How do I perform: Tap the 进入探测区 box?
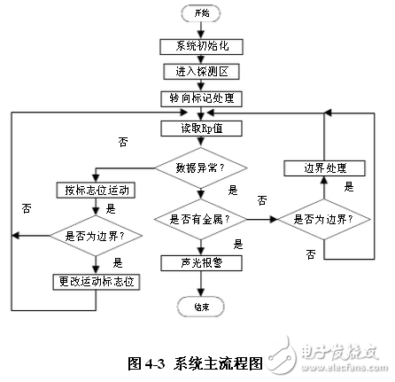(x=201, y=71)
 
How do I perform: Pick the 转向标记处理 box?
(x=201, y=97)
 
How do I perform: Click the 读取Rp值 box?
(x=201, y=129)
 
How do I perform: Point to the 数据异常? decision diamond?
(x=201, y=165)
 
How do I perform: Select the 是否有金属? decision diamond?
(x=201, y=217)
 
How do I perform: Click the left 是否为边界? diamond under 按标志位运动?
(x=94, y=237)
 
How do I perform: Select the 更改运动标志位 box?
(x=94, y=281)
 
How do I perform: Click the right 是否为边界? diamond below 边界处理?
(x=323, y=217)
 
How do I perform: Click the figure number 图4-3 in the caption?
(x=147, y=363)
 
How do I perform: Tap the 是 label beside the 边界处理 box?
(x=348, y=188)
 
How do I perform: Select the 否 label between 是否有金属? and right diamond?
(x=260, y=200)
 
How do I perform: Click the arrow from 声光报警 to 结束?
(x=201, y=285)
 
